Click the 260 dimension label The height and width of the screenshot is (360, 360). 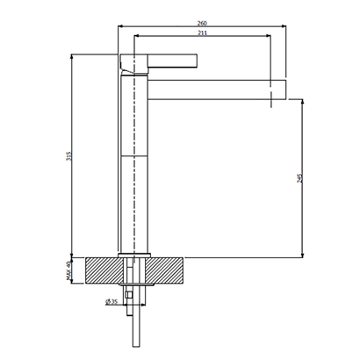tap(202, 23)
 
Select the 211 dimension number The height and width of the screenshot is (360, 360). tap(202, 33)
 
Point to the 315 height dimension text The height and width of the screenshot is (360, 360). tap(68, 156)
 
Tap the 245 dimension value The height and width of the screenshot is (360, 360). tap(299, 178)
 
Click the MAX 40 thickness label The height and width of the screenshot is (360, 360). tap(68, 270)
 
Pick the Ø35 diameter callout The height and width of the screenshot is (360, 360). tap(112, 301)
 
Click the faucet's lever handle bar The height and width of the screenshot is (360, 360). tap(173, 61)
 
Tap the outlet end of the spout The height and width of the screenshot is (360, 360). tap(285, 90)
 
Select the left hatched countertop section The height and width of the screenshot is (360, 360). tap(104, 270)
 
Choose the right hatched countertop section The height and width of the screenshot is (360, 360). tap(164, 270)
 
